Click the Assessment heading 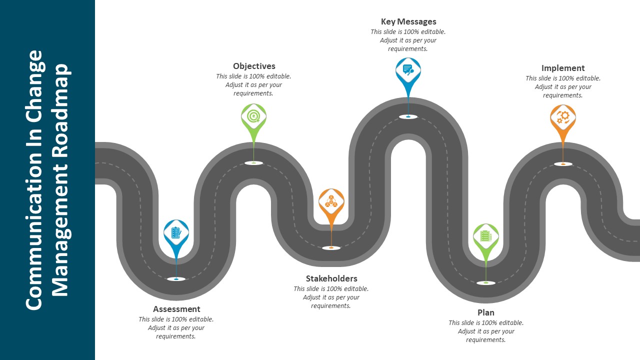point(176,309)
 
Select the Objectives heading point(254,66)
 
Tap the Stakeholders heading point(331,278)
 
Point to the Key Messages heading point(408,21)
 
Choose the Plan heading point(486,312)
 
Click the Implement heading point(563,68)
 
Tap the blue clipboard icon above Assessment point(176,232)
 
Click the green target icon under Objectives point(254,116)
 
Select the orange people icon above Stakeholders point(331,201)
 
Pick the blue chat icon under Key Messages point(408,70)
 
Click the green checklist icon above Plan point(486,236)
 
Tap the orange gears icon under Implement point(563,117)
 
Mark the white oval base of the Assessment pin point(176,279)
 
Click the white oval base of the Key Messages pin point(408,117)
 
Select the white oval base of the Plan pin point(486,283)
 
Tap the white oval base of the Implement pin point(563,164)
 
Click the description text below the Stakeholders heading point(331,297)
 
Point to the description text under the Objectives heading point(254,84)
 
